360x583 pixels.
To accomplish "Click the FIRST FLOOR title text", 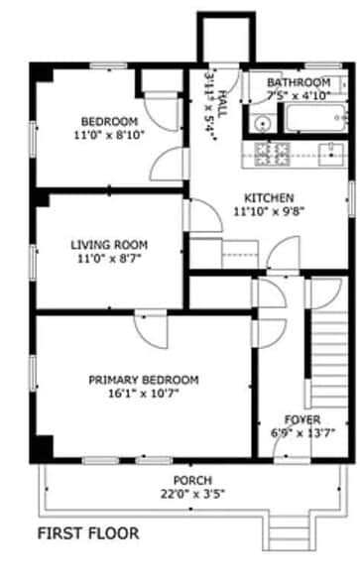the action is [88, 533].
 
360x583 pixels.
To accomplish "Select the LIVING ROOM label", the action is [109, 245].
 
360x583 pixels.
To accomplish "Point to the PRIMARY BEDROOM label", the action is [144, 380].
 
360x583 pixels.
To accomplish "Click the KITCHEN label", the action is [269, 198].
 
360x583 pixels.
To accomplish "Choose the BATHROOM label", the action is [299, 82].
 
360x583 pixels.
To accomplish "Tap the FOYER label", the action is [302, 419].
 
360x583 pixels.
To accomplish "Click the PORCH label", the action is [193, 480].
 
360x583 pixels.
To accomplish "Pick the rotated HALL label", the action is [222, 104].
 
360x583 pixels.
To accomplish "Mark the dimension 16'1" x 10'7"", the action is [144, 393].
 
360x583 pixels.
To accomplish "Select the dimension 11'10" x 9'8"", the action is [269, 211].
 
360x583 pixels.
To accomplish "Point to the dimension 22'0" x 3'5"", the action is [193, 494].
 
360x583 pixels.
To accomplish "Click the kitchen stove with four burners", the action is [272, 154].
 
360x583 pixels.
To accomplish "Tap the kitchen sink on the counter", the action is [331, 154].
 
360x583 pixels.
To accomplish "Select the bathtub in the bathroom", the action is [317, 118].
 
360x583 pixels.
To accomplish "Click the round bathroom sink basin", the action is [263, 123].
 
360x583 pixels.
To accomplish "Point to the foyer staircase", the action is [329, 359].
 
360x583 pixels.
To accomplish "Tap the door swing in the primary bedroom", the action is [152, 330].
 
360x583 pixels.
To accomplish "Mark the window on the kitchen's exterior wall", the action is [351, 198].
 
